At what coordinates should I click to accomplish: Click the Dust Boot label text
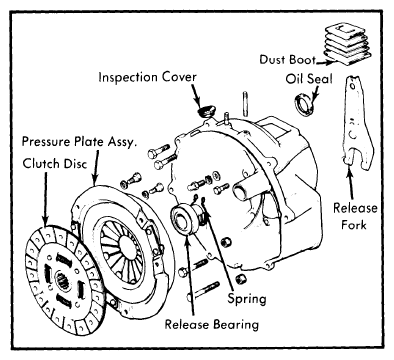tap(287, 59)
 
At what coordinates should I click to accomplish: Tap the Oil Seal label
tap(309, 79)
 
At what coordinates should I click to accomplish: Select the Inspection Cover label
tap(147, 77)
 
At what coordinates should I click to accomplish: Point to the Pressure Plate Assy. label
tap(79, 141)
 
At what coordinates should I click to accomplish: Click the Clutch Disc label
tap(55, 164)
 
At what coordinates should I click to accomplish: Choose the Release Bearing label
tap(212, 324)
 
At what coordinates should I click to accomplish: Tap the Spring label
tap(247, 298)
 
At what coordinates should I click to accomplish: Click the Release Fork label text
tap(355, 216)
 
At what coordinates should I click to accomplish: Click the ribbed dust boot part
tap(348, 43)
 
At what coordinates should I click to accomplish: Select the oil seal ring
tap(303, 104)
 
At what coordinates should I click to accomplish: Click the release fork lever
tap(357, 123)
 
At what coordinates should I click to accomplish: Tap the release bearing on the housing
tap(185, 218)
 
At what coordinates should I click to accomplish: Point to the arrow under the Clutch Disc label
tap(45, 199)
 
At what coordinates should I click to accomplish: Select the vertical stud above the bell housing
tap(246, 103)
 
